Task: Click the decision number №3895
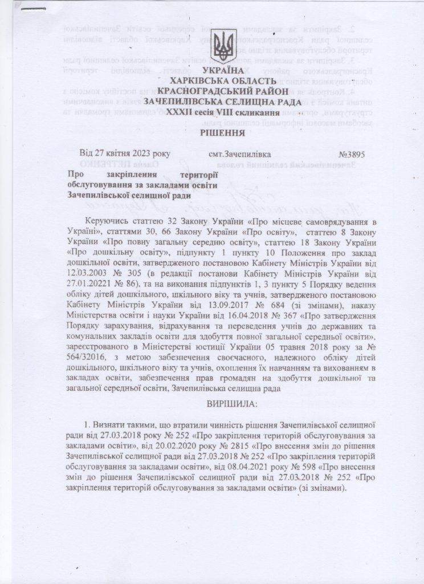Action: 352,155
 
